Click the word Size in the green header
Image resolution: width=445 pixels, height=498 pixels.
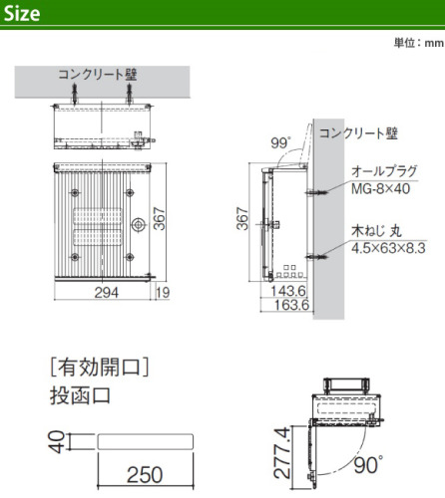22,14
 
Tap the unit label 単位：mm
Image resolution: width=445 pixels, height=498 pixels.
419,43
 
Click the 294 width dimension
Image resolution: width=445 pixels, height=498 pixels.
107,293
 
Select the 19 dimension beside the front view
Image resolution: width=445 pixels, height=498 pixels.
163,293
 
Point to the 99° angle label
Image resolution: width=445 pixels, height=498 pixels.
280,143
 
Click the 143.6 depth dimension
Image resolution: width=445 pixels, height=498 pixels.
288,291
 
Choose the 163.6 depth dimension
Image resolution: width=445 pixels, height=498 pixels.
291,305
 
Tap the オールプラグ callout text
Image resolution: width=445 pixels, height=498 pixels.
384,171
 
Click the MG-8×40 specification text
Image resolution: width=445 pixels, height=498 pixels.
380,188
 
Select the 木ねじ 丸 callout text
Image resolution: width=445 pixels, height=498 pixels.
376,231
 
